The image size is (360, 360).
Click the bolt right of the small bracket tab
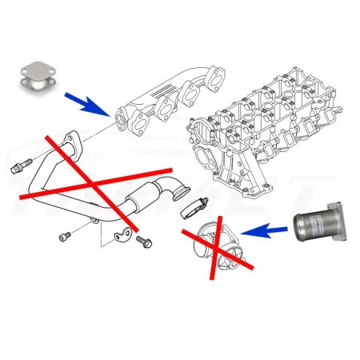[144, 239]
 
